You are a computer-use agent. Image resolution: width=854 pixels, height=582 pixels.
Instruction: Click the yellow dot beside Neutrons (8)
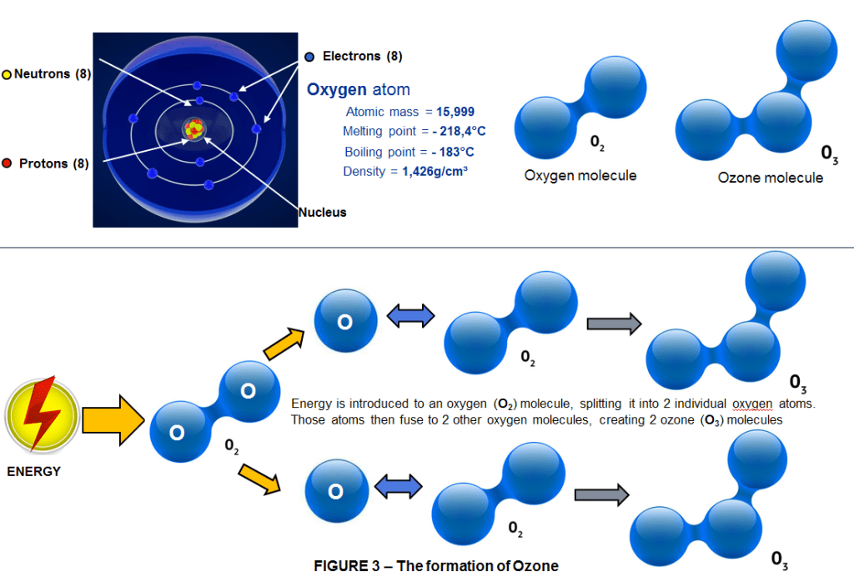(7, 74)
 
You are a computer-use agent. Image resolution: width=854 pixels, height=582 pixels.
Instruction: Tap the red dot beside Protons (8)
(7, 163)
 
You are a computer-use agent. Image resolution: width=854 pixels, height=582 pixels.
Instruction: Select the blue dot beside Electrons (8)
(309, 57)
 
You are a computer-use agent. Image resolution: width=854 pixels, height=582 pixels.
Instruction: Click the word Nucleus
(323, 213)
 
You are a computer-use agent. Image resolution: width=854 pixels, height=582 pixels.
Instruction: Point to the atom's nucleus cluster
(194, 128)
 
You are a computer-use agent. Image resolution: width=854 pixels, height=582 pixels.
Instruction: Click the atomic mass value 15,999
(455, 112)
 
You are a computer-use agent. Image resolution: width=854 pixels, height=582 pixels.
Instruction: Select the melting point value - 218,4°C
(459, 132)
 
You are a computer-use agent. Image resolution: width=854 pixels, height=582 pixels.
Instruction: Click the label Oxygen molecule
(580, 176)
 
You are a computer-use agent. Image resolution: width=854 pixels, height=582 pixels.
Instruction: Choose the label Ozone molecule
(770, 178)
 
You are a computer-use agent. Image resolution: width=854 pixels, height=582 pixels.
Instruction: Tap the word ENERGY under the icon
(34, 471)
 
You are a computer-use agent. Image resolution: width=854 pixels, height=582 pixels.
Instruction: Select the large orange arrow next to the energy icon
(113, 419)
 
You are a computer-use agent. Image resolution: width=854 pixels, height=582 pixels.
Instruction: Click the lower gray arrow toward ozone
(600, 494)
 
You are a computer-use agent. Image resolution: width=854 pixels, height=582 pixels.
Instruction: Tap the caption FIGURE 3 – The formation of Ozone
(436, 566)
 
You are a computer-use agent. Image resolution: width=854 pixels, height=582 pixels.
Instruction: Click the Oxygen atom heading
(359, 90)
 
